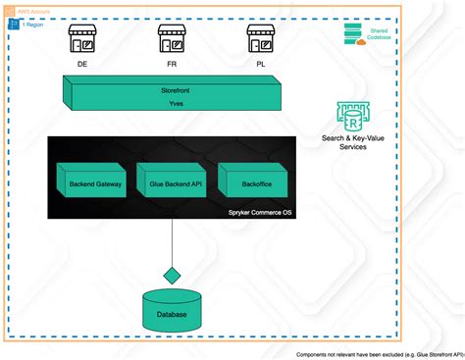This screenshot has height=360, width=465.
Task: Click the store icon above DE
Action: point(82,39)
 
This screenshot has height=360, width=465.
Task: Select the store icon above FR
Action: point(172,39)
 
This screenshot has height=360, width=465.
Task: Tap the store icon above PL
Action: point(259,39)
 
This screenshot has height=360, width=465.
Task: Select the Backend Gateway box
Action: point(95,181)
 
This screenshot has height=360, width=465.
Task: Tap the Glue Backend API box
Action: point(173,181)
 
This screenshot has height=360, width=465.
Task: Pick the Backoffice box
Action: point(249,181)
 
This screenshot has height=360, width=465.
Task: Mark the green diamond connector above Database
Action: point(173,273)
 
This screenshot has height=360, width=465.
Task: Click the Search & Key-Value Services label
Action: point(352,143)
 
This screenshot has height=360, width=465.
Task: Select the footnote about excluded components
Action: point(379,354)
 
